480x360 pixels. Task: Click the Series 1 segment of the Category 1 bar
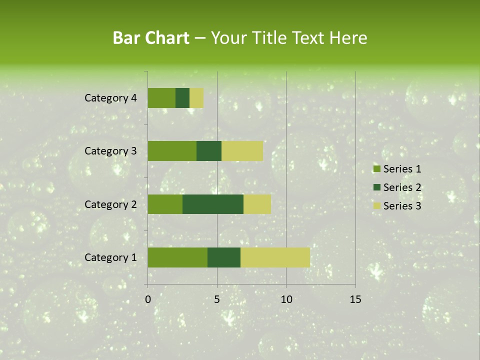click(177, 257)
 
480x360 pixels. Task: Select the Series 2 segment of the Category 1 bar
click(224, 257)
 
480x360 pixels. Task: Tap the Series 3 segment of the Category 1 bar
click(275, 257)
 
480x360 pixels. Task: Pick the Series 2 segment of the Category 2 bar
click(213, 204)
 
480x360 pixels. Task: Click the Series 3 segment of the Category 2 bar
click(257, 204)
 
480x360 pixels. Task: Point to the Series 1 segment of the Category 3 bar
click(172, 151)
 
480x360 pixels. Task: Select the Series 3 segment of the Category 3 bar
click(242, 151)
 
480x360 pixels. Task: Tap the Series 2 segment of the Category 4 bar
click(182, 98)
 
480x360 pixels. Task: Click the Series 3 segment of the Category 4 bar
click(196, 98)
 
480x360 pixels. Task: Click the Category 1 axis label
click(110, 257)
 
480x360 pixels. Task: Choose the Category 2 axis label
click(110, 204)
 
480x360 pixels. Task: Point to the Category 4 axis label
click(110, 98)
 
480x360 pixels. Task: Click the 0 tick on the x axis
click(148, 299)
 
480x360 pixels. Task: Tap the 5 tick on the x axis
click(217, 299)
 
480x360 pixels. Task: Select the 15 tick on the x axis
click(355, 299)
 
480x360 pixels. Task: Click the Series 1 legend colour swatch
click(376, 169)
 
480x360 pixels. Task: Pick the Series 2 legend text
click(402, 187)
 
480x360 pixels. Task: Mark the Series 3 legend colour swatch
click(376, 206)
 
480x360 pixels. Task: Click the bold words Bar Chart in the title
click(151, 38)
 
